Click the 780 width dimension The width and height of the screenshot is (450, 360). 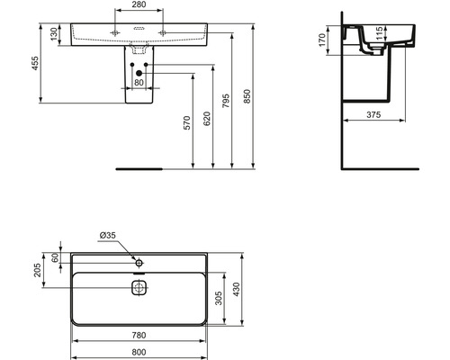138,336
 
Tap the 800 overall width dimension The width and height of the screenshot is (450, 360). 138,352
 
